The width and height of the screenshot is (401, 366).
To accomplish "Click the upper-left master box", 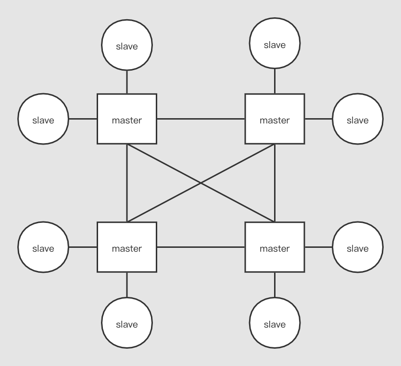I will [x=126, y=119].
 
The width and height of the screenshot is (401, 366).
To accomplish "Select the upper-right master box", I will [x=275, y=119].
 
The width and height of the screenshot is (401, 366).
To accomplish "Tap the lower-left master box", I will [x=126, y=247].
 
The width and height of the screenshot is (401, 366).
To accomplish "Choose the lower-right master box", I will [x=275, y=247].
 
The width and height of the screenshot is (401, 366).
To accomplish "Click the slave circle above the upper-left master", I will [x=126, y=46].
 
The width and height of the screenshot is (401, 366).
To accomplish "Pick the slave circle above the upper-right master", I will [x=275, y=45].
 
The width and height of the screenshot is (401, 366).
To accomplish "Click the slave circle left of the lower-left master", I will [x=43, y=247].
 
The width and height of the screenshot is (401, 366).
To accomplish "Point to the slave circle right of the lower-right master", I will [x=357, y=247].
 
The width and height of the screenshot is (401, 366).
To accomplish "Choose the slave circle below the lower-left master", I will [x=126, y=323].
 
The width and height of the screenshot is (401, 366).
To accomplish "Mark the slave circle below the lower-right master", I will [x=275, y=323].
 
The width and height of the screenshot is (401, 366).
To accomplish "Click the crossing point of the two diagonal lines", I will [x=200, y=183].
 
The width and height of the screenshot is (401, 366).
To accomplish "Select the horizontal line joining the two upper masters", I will [x=200, y=119].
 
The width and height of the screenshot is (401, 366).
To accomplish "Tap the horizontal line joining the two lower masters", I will [x=200, y=247].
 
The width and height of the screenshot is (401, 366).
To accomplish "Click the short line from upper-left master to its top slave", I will [x=126, y=82].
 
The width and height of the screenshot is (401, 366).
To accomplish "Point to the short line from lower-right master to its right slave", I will [x=318, y=247].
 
